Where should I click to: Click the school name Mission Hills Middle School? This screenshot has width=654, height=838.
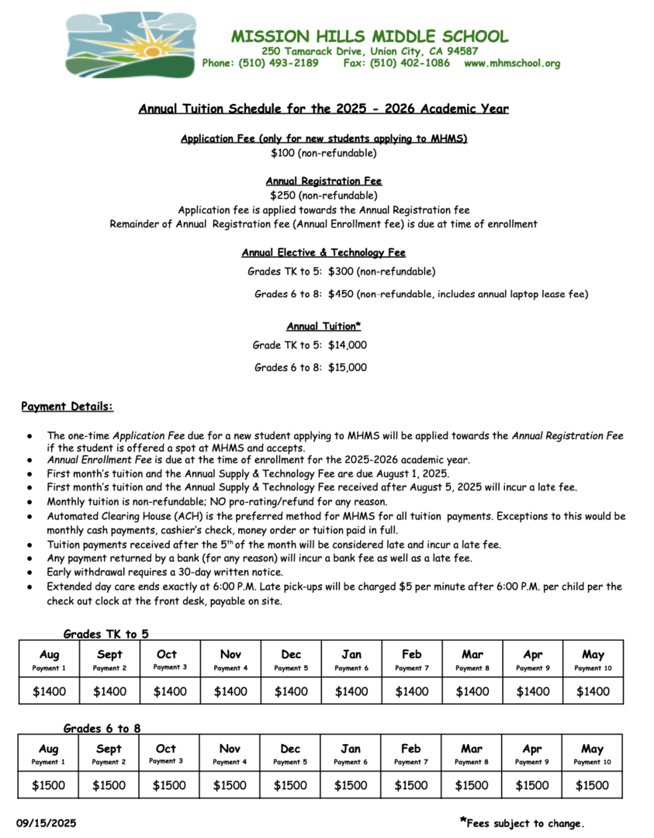pyautogui.click(x=369, y=36)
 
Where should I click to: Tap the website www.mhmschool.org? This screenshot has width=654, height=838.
pyautogui.click(x=512, y=64)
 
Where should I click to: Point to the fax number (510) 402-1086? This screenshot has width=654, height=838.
pyautogui.click(x=410, y=64)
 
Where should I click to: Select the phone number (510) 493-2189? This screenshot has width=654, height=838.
pyautogui.click(x=279, y=64)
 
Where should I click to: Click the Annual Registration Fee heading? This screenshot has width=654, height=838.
pyautogui.click(x=324, y=181)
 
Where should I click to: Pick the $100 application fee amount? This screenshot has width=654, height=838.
pyautogui.click(x=284, y=153)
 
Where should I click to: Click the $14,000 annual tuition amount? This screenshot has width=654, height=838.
pyautogui.click(x=348, y=345)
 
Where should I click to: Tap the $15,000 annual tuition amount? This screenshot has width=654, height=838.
pyautogui.click(x=348, y=368)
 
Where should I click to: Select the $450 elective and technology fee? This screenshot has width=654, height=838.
pyautogui.click(x=341, y=294)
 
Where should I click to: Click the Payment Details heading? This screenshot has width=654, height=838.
pyautogui.click(x=67, y=407)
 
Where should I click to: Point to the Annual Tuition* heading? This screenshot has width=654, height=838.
pyautogui.click(x=324, y=326)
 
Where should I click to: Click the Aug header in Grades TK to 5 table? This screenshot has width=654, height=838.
pyautogui.click(x=49, y=655)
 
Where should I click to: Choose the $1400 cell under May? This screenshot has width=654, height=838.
pyautogui.click(x=593, y=691)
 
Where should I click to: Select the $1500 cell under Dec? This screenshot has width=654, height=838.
pyautogui.click(x=290, y=785)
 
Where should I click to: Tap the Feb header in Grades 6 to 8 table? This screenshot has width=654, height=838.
pyautogui.click(x=411, y=749)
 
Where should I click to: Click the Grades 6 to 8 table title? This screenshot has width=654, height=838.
pyautogui.click(x=102, y=729)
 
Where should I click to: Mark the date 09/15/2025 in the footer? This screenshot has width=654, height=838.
pyautogui.click(x=47, y=823)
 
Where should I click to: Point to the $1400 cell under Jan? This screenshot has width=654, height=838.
pyautogui.click(x=351, y=691)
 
